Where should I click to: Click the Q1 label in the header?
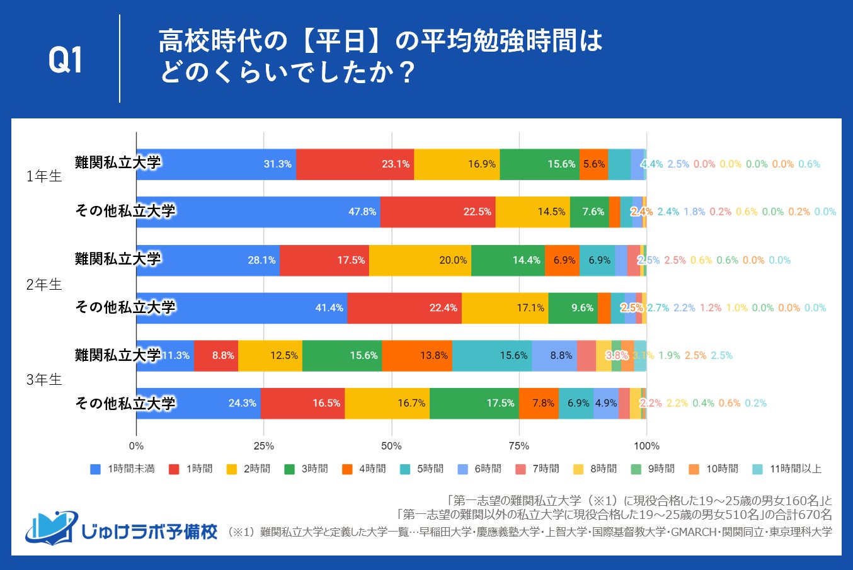click(66, 60)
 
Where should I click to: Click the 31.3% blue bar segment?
click(216, 164)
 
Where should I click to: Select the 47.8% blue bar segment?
click(258, 212)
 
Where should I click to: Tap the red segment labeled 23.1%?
click(355, 164)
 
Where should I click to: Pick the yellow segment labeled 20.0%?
click(420, 260)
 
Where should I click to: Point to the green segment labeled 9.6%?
click(573, 308)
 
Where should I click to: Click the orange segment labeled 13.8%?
click(417, 356)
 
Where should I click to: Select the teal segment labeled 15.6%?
click(491, 356)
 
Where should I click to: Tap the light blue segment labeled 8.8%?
click(554, 356)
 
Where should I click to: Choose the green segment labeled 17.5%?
click(474, 404)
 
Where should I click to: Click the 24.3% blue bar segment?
click(198, 404)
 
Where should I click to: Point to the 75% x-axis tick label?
click(519, 446)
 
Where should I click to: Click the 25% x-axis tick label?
click(263, 446)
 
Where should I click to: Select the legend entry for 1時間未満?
click(123, 469)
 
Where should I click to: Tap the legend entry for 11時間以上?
click(787, 469)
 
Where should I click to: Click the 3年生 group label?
click(44, 380)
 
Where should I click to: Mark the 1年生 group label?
click(44, 176)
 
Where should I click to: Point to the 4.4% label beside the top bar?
click(651, 164)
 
